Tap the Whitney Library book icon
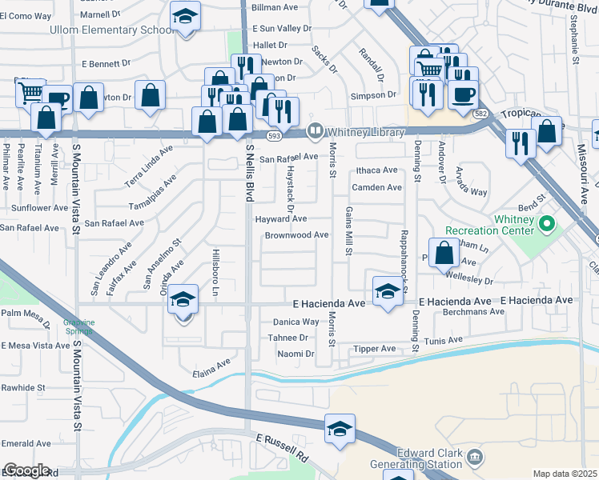coord(316,130)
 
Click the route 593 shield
coord(274,136)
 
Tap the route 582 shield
coord(480,115)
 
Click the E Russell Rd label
coord(282,448)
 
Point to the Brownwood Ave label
coord(297,235)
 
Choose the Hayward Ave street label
coord(280,218)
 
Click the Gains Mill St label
coord(349,230)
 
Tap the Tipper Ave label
coord(375,349)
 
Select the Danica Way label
coord(296,322)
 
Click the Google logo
coord(26,470)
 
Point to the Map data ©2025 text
coord(565,474)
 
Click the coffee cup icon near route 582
coord(464,94)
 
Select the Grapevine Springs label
coord(79,326)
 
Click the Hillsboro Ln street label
coord(215,272)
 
